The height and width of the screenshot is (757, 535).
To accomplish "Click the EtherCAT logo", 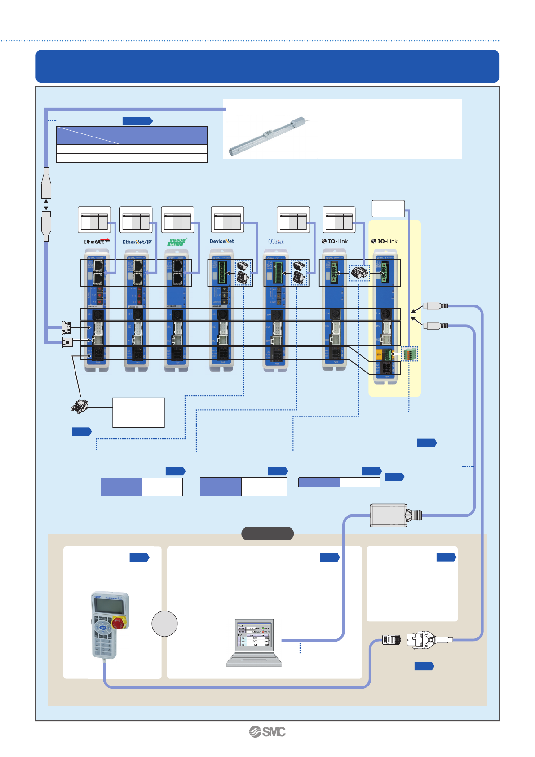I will (97, 242).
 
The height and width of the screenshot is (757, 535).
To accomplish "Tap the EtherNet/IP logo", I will (137, 242).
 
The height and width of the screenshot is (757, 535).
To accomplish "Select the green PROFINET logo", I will (177, 242).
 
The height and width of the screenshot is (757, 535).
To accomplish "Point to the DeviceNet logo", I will (221, 241).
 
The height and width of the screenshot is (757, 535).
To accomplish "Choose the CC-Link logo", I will (276, 242).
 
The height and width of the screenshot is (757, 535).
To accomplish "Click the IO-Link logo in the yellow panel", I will (385, 241).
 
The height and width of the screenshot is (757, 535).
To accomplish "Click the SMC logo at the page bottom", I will (267, 732).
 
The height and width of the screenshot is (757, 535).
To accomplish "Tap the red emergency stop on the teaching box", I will (119, 623).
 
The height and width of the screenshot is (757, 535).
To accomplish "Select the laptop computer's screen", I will (254, 634).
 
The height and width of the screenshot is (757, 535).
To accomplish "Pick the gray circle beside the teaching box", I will (164, 624).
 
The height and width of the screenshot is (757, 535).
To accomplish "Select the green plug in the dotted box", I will (409, 354).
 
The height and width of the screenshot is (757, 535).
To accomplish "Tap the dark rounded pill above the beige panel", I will (267, 533).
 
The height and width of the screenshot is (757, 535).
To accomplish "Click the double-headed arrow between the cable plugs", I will (46, 205).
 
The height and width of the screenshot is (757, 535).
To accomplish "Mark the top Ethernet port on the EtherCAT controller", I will (98, 266).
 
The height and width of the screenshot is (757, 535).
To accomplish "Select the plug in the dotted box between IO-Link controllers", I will (359, 273).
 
